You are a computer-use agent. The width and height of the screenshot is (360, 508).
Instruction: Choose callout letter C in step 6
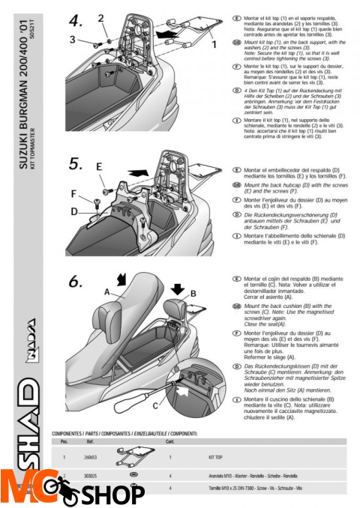click(154, 405)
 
